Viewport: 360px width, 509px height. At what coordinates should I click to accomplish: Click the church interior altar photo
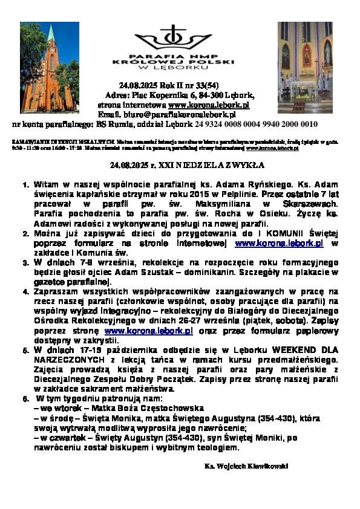point(305,67)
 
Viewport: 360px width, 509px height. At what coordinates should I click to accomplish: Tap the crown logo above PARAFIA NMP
point(174,40)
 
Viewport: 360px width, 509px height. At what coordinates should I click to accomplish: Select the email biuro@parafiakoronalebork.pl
point(188,114)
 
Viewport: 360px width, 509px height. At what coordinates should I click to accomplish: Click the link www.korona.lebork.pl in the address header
point(209,105)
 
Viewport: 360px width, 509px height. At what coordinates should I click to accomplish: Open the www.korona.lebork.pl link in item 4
point(149,331)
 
